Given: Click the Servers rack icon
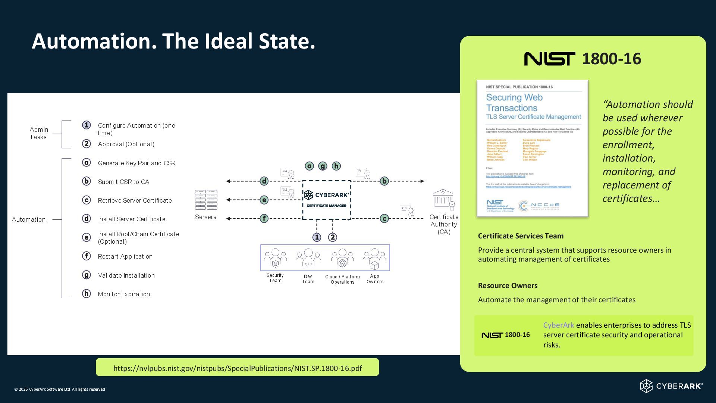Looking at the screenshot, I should (206, 200).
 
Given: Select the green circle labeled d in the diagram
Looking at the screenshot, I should (264, 181).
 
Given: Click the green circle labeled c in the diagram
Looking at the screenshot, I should (384, 219).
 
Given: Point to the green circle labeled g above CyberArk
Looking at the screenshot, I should (323, 166).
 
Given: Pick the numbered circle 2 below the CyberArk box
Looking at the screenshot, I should (332, 237).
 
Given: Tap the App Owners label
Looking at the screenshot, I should (375, 279).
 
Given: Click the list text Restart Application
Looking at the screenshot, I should (125, 257).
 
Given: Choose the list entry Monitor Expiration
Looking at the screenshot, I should (124, 294).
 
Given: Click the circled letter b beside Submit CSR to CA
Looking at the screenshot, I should (87, 181).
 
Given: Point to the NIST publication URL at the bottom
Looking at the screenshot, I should (238, 368).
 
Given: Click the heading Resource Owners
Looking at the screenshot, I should (508, 285).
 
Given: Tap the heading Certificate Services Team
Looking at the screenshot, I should (521, 236).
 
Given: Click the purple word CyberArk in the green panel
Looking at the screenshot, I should (558, 325).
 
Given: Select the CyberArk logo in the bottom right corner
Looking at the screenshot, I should (671, 386).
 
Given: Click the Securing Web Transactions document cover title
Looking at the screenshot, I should (514, 103).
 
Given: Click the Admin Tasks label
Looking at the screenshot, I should (38, 133).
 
